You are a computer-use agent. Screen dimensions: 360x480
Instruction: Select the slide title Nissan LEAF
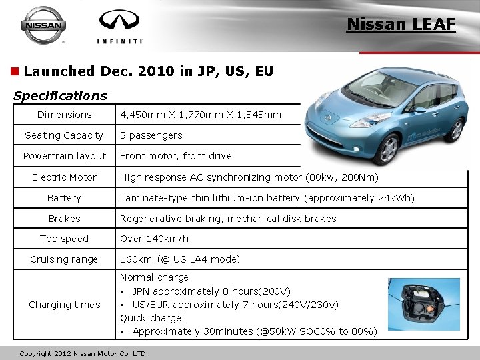pos(401,25)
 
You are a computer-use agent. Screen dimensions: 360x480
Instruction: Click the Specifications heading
pos(59,95)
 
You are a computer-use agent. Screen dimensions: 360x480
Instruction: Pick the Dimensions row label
pos(64,115)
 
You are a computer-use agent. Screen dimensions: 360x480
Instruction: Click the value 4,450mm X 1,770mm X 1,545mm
pos(201,115)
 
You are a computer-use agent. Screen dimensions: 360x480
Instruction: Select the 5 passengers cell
pos(151,135)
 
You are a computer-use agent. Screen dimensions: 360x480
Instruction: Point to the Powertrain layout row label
pos(64,156)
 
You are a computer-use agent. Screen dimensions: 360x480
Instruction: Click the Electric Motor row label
pos(64,177)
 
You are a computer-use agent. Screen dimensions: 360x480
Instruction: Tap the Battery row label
pos(64,198)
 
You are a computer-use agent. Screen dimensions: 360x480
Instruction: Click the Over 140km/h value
pos(154,239)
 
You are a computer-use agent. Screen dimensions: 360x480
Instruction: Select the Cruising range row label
pos(64,259)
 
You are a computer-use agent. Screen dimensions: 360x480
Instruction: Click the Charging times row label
pos(64,305)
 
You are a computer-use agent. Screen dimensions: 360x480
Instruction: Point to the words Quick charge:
pos(152,318)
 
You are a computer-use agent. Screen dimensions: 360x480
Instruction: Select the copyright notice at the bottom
pos(83,353)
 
